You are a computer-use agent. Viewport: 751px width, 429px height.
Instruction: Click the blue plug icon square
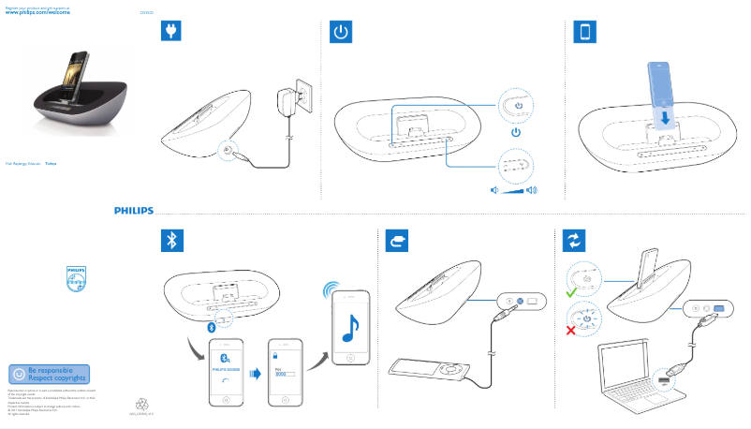171,32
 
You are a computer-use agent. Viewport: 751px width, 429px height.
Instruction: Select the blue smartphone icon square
585,32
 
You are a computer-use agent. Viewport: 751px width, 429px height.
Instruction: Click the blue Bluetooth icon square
171,241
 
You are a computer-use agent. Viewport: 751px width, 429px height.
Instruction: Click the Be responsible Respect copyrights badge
49,374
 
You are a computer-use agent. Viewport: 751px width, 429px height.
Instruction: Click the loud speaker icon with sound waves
532,190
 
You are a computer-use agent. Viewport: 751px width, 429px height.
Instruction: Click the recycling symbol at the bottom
142,405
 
